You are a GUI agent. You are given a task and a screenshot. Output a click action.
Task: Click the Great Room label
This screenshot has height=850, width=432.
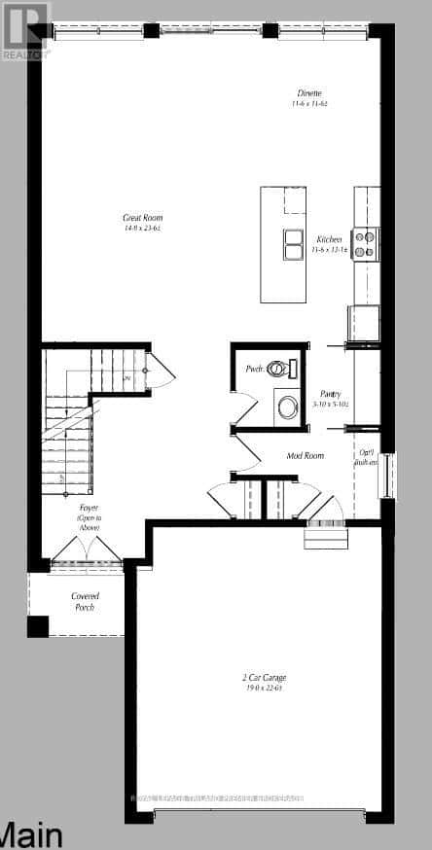tap(142, 218)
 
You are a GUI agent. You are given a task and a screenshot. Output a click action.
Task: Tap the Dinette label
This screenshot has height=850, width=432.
tap(312, 93)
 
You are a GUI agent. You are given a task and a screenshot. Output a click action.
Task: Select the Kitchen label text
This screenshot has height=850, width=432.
tap(329, 238)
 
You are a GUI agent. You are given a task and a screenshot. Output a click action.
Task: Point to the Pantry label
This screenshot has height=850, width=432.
tap(329, 393)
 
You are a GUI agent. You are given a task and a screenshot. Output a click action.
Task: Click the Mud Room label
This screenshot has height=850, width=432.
tap(306, 455)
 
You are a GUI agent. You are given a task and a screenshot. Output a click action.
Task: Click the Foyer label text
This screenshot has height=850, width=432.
tap(89, 508)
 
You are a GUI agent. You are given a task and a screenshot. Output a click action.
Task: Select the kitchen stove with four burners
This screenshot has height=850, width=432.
tap(364, 242)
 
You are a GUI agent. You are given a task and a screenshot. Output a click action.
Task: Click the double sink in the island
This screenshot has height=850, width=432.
tap(291, 244)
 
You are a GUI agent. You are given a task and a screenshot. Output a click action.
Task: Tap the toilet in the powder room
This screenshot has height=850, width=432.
tap(280, 369)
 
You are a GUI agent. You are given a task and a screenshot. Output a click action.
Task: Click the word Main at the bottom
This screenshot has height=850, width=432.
tap(32, 834)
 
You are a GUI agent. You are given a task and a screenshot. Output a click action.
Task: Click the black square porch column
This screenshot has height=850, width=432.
tap(38, 626)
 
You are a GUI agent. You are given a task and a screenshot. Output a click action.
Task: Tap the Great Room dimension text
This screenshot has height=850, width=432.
tap(142, 229)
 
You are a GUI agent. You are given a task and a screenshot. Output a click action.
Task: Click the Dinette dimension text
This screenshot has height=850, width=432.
tap(312, 103)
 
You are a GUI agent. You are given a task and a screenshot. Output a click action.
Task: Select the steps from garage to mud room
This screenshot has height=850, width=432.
tap(325, 536)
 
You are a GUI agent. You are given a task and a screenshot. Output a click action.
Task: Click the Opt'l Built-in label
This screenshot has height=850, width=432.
tap(367, 457)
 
